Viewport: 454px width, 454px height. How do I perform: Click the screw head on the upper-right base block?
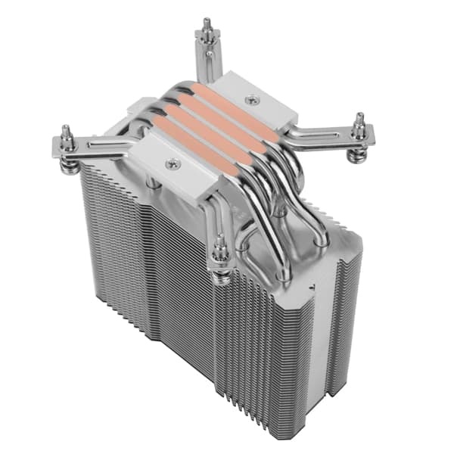tap(251, 98)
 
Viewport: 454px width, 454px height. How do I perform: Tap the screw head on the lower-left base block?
tap(172, 161)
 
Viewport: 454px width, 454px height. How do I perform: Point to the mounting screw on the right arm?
tap(359, 123)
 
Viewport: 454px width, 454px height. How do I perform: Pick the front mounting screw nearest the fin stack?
tap(222, 250)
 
